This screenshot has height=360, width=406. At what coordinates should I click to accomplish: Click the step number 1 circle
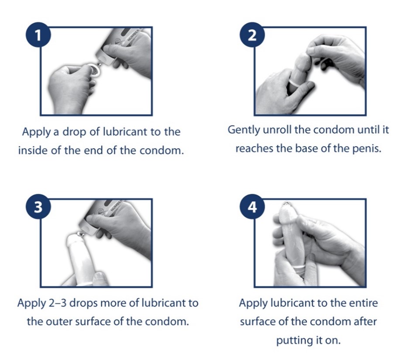[x=38, y=34]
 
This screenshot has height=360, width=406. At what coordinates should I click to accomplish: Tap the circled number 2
[x=252, y=34]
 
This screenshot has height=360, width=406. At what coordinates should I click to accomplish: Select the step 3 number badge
[x=38, y=206]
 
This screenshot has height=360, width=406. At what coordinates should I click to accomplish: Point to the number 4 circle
[x=252, y=206]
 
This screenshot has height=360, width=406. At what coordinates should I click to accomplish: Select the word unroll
[x=277, y=130]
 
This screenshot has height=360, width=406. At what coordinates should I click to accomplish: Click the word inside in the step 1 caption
[x=33, y=151]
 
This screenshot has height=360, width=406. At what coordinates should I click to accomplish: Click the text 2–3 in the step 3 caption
[x=58, y=303]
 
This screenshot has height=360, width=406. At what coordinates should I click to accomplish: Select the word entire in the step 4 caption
[x=363, y=303]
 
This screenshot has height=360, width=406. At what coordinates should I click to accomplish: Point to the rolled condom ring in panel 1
[x=95, y=71]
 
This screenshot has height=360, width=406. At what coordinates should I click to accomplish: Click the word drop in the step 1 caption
[x=75, y=132]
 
